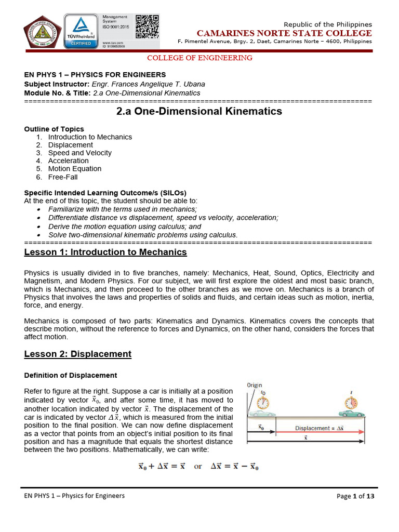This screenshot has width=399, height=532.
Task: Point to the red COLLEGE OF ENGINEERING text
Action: pyautogui.click(x=200, y=58)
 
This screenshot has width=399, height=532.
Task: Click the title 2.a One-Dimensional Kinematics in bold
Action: pyautogui.click(x=198, y=111)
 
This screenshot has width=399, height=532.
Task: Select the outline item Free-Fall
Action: pyautogui.click(x=63, y=177)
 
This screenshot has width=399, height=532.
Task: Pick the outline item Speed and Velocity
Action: pyautogui.click(x=79, y=153)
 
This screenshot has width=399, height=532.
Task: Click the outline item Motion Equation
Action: pyautogui.click(x=75, y=169)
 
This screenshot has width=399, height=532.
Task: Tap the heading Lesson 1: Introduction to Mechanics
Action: pyautogui.click(x=105, y=252)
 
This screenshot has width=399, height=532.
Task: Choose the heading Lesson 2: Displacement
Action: pyautogui.click(x=78, y=354)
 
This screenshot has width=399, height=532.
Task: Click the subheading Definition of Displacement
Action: pyautogui.click(x=71, y=375)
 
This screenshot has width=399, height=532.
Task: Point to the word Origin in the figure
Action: pyautogui.click(x=255, y=386)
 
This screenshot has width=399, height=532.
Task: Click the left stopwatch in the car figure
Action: pyautogui.click(x=263, y=403)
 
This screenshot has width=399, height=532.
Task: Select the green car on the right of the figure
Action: pyautogui.click(x=353, y=414)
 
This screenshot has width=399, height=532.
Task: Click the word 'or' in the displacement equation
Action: pyautogui.click(x=198, y=466)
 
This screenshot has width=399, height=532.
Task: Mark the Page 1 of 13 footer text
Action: pyautogui.click(x=355, y=496)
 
